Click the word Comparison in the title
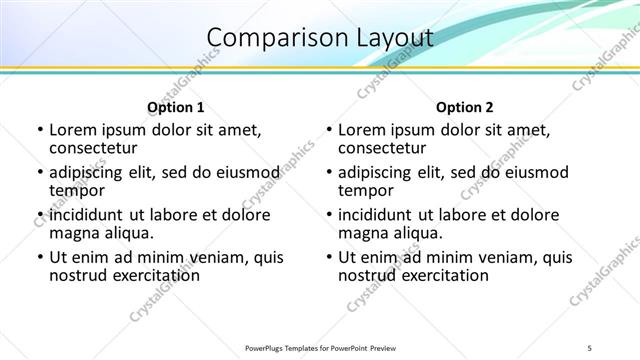pyautogui.click(x=269, y=38)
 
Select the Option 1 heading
pyautogui.click(x=176, y=107)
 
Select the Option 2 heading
pyautogui.click(x=465, y=107)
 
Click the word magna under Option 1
pyautogui.click(x=73, y=233)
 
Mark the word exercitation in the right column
pyautogui.click(x=440, y=275)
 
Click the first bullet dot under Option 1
pyautogui.click(x=39, y=130)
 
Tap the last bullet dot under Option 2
pyautogui.click(x=328, y=258)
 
